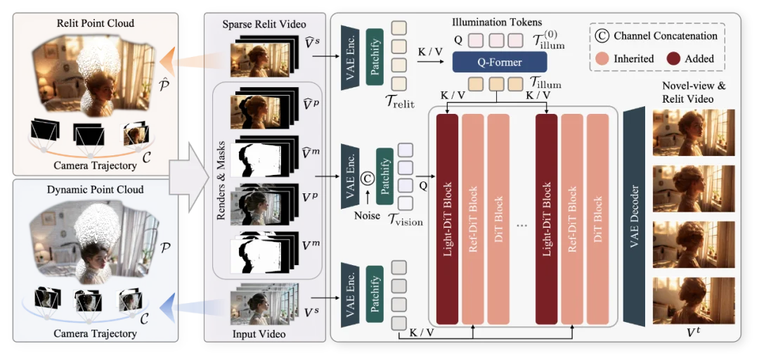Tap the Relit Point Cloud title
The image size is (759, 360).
pyautogui.click(x=96, y=23)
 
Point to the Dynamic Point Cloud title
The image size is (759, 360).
pyautogui.click(x=96, y=190)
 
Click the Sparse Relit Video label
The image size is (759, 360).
pyautogui.click(x=259, y=25)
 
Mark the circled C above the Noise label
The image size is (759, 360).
pyautogui.click(x=366, y=179)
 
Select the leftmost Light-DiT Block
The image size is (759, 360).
pyautogui.click(x=447, y=219)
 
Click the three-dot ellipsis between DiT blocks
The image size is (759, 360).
pyautogui.click(x=521, y=226)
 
